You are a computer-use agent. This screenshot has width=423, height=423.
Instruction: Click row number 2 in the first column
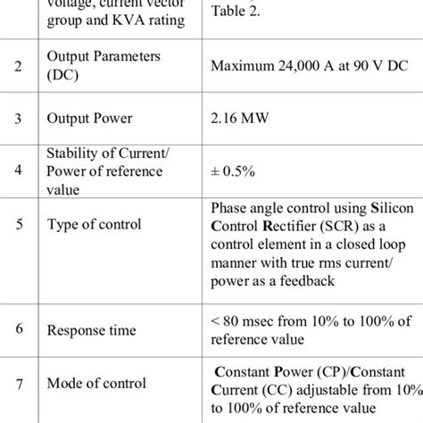[21, 66]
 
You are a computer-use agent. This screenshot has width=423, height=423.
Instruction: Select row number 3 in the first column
[21, 117]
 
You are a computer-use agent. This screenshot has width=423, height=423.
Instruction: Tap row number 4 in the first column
[21, 171]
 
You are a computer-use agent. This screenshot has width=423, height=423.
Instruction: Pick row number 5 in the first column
[21, 224]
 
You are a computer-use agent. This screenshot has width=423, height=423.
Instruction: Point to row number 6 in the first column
[21, 329]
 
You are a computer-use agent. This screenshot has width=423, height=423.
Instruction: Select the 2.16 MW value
[239, 117]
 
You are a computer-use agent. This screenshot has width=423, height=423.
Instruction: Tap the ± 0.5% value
[232, 171]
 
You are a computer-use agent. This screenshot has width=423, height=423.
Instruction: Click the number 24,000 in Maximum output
[302, 66]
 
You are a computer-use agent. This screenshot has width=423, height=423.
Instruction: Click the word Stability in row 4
[74, 153]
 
